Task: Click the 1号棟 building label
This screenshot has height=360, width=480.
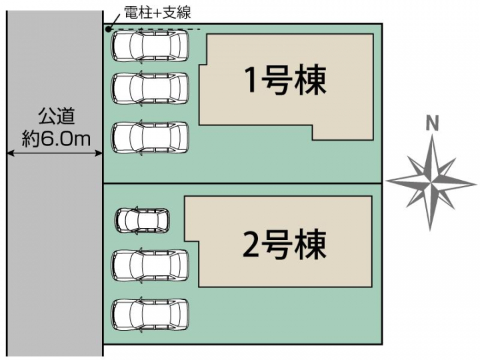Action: (285, 79)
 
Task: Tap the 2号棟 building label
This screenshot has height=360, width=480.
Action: (285, 245)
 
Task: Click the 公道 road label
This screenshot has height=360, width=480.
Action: (57, 116)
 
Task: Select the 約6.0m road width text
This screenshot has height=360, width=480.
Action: (56, 139)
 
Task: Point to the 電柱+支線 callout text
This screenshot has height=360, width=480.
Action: (157, 13)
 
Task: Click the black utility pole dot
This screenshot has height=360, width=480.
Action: (108, 29)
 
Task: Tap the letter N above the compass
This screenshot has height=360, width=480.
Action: (432, 124)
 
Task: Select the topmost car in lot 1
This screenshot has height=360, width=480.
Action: (150, 47)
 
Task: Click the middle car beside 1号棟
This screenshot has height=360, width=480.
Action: (150, 89)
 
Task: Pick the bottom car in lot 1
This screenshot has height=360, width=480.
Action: (150, 137)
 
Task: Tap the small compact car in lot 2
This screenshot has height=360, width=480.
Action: (143, 220)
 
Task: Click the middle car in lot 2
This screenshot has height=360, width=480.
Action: (150, 265)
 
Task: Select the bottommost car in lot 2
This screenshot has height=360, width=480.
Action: (150, 315)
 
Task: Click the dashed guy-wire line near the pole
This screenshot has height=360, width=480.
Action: (155, 29)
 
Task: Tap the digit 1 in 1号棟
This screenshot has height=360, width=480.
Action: (251, 79)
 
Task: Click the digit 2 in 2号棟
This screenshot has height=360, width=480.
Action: (251, 245)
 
